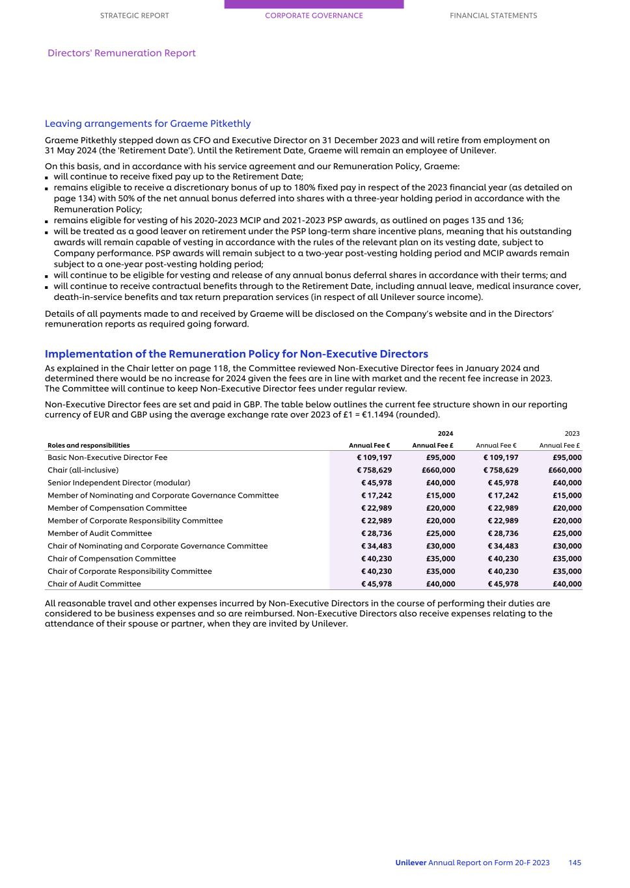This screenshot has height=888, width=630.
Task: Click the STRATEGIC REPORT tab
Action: (x=134, y=16)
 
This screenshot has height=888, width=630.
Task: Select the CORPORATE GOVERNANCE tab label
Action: (x=314, y=16)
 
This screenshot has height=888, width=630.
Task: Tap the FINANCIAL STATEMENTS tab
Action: (x=493, y=16)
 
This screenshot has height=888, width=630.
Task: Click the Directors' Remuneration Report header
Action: (x=122, y=53)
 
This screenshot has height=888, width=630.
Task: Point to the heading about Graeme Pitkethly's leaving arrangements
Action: (x=148, y=124)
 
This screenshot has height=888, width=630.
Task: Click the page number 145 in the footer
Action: (x=574, y=863)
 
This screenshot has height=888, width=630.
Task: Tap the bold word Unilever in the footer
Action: (x=411, y=863)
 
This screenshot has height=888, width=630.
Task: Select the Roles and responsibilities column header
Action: (x=89, y=446)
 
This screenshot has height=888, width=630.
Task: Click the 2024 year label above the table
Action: (x=445, y=433)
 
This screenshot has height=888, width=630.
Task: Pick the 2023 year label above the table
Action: (x=571, y=433)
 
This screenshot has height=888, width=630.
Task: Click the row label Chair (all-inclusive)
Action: (x=83, y=470)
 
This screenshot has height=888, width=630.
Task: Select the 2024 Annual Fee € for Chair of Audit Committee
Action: (x=376, y=584)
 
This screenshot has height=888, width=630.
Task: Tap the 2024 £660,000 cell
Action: (x=438, y=470)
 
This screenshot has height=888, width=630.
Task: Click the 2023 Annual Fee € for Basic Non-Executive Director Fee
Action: (x=500, y=457)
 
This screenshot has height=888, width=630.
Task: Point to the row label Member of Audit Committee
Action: (x=100, y=533)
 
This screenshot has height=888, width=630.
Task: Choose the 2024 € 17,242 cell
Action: (x=376, y=496)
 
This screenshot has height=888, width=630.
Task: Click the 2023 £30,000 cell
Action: (x=565, y=546)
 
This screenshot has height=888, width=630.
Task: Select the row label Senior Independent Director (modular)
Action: (x=118, y=483)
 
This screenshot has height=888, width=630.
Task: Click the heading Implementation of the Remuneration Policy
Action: (x=236, y=355)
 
